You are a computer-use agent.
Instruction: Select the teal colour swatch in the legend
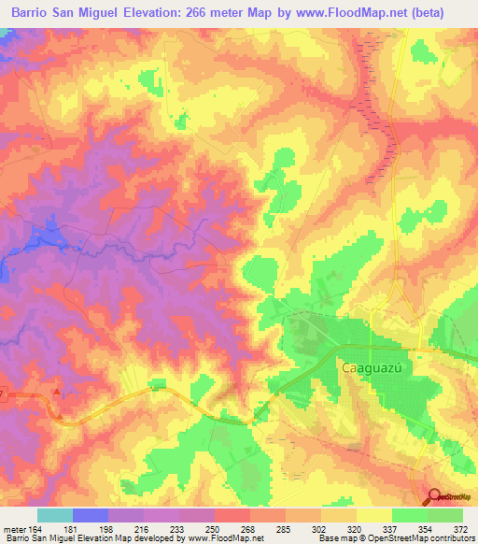point(55,515)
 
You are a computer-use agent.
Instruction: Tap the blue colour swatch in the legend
point(91,515)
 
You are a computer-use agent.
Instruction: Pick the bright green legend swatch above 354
point(410,515)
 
